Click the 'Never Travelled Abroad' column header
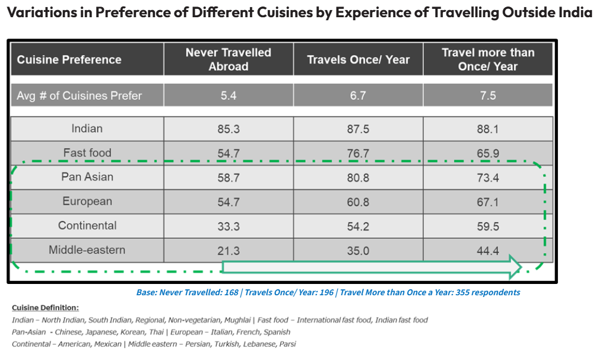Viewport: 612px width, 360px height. [228, 59]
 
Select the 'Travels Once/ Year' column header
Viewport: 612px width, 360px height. [358, 59]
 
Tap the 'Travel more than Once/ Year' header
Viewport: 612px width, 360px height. [487, 59]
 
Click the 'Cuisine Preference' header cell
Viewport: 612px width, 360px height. [69, 59]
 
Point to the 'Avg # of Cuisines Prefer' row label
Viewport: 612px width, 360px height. [79, 96]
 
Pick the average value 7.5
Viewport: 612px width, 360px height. [487, 96]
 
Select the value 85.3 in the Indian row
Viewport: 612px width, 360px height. [228, 129]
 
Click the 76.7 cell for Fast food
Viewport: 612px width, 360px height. [358, 154]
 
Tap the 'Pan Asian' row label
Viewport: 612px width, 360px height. [87, 177]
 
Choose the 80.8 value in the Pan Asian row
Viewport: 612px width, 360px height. [358, 178]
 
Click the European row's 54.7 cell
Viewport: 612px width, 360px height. [228, 202]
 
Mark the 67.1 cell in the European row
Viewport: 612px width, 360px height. [487, 202]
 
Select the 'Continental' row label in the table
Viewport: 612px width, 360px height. [87, 226]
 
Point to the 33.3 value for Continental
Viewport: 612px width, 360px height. [228, 226]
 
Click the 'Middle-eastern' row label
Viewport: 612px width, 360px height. [87, 250]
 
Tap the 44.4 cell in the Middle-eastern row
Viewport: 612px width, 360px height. [487, 251]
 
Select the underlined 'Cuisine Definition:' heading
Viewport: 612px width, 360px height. [45, 308]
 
